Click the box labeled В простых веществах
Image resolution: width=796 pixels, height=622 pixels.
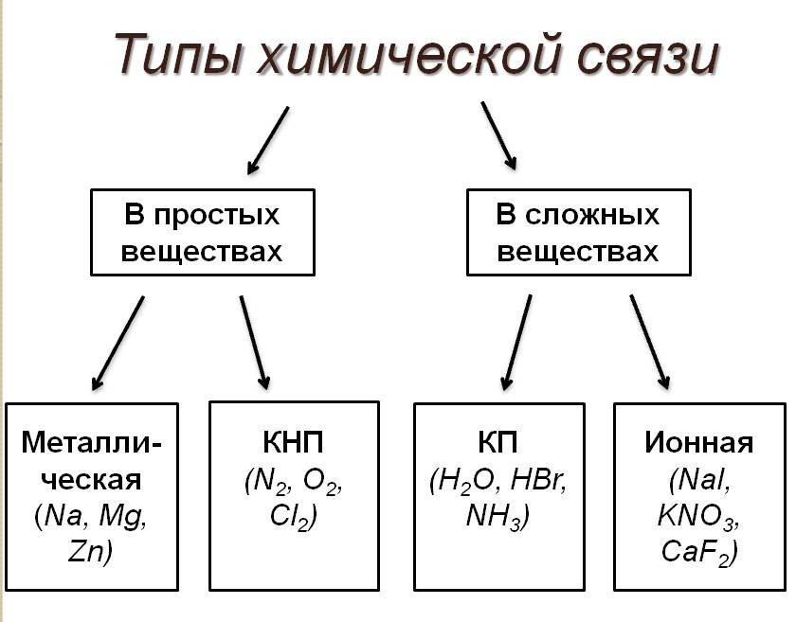pyautogui.click(x=202, y=233)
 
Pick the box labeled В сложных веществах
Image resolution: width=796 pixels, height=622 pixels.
pyautogui.click(x=578, y=233)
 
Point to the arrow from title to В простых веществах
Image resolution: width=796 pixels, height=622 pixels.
pyautogui.click(x=267, y=140)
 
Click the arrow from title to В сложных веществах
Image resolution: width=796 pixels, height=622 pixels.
pyautogui.click(x=498, y=135)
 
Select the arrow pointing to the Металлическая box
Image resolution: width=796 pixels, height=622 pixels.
pyautogui.click(x=118, y=343)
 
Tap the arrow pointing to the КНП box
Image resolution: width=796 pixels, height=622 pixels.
pyautogui.click(x=254, y=343)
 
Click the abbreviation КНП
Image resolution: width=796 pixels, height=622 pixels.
pyautogui.click(x=294, y=444)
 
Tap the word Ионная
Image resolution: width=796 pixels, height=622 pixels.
pyautogui.click(x=698, y=444)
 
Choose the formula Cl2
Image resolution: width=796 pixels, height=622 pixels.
pyautogui.click(x=292, y=517)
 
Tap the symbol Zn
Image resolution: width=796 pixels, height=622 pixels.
pyautogui.click(x=91, y=552)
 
